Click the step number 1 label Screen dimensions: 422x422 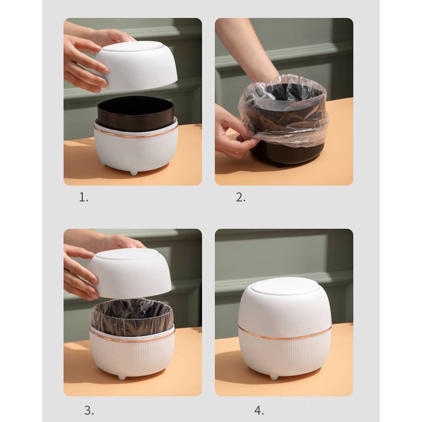(x=83, y=198)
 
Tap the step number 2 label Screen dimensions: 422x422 (x=240, y=198)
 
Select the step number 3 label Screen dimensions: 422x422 (x=89, y=410)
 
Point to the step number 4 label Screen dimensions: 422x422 (x=259, y=411)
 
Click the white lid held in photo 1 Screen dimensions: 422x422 (x=136, y=65)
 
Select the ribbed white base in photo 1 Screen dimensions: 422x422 (x=136, y=152)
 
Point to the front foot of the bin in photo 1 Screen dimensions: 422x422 (x=134, y=173)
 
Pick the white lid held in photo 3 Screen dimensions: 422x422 (x=130, y=272)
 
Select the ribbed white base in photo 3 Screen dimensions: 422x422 (x=132, y=355)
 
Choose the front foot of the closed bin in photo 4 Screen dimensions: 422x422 (x=273, y=377)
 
